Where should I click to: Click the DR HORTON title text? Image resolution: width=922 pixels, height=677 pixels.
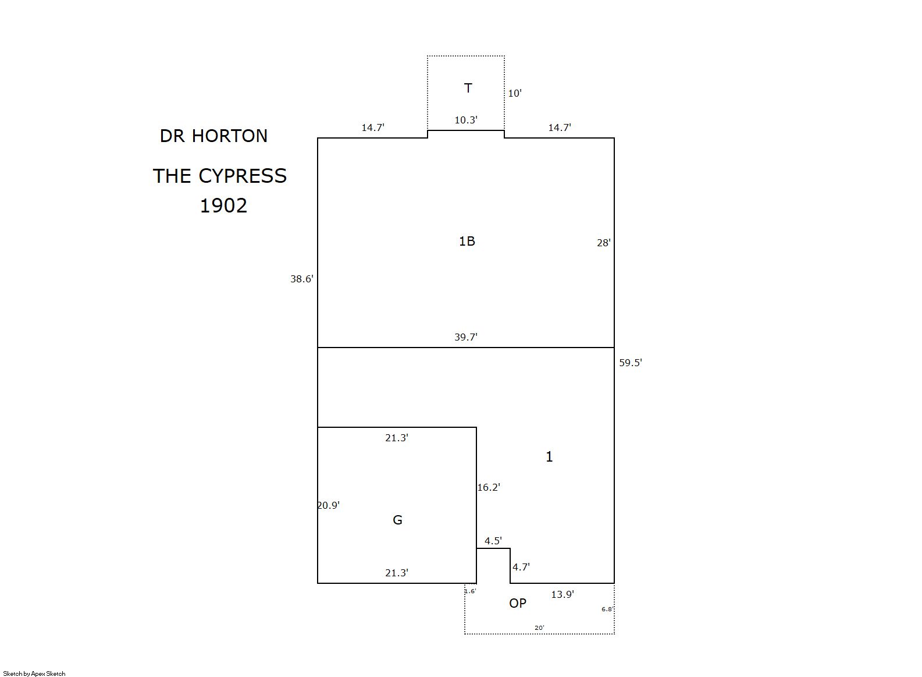(x=213, y=136)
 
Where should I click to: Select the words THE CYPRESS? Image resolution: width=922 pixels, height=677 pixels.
(x=220, y=176)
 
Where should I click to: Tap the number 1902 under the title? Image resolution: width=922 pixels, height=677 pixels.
(x=223, y=205)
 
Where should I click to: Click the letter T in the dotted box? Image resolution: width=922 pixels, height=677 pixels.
(x=468, y=88)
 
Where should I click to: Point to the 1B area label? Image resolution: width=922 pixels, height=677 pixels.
(x=467, y=241)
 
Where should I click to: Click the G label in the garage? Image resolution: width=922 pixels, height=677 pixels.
(x=398, y=520)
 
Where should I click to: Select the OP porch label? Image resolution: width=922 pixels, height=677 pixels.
(x=518, y=603)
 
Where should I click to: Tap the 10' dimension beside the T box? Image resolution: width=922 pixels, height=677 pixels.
(x=515, y=94)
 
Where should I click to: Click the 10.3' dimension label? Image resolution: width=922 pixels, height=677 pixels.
(x=466, y=120)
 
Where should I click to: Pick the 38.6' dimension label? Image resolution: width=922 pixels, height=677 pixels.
(x=302, y=279)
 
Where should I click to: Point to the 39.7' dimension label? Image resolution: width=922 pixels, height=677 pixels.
(x=466, y=337)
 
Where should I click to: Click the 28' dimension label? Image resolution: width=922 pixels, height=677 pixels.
(x=604, y=243)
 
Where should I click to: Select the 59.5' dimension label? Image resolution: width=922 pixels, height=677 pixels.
(x=631, y=363)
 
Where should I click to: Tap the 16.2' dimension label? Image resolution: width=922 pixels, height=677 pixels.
(x=489, y=487)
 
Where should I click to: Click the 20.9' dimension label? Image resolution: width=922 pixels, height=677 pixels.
(x=329, y=505)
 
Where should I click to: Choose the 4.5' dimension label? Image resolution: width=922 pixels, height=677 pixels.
(x=493, y=541)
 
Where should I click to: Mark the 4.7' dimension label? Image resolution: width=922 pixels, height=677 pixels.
(x=521, y=567)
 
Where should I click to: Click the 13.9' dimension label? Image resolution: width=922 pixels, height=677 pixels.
(x=563, y=594)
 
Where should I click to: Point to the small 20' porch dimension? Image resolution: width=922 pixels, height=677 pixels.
(x=540, y=628)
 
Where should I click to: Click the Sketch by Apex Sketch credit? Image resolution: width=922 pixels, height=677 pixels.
(x=34, y=674)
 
